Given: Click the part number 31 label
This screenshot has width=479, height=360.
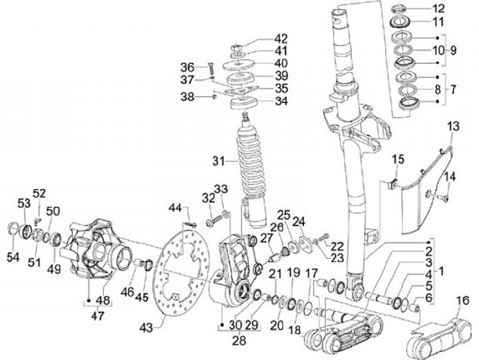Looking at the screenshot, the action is click(x=219, y=161).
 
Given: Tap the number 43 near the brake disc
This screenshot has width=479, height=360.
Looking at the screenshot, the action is click(x=146, y=328).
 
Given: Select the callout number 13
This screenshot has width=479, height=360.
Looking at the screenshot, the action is click(x=454, y=126).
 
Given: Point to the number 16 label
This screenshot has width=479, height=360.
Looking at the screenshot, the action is click(x=464, y=300).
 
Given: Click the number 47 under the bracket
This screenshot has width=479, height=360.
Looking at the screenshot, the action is click(x=97, y=315).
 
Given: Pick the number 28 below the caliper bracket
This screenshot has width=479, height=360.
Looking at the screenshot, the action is click(x=239, y=341).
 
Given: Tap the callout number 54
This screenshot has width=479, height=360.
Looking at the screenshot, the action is click(x=13, y=258).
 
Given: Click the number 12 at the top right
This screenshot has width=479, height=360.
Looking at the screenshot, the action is click(x=438, y=9).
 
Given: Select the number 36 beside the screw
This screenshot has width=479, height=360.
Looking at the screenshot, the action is click(x=187, y=67).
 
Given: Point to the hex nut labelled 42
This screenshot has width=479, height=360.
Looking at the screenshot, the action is click(x=238, y=48).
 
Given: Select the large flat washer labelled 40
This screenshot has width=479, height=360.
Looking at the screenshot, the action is click(x=239, y=65).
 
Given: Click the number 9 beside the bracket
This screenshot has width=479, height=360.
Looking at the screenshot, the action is click(x=453, y=50).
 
